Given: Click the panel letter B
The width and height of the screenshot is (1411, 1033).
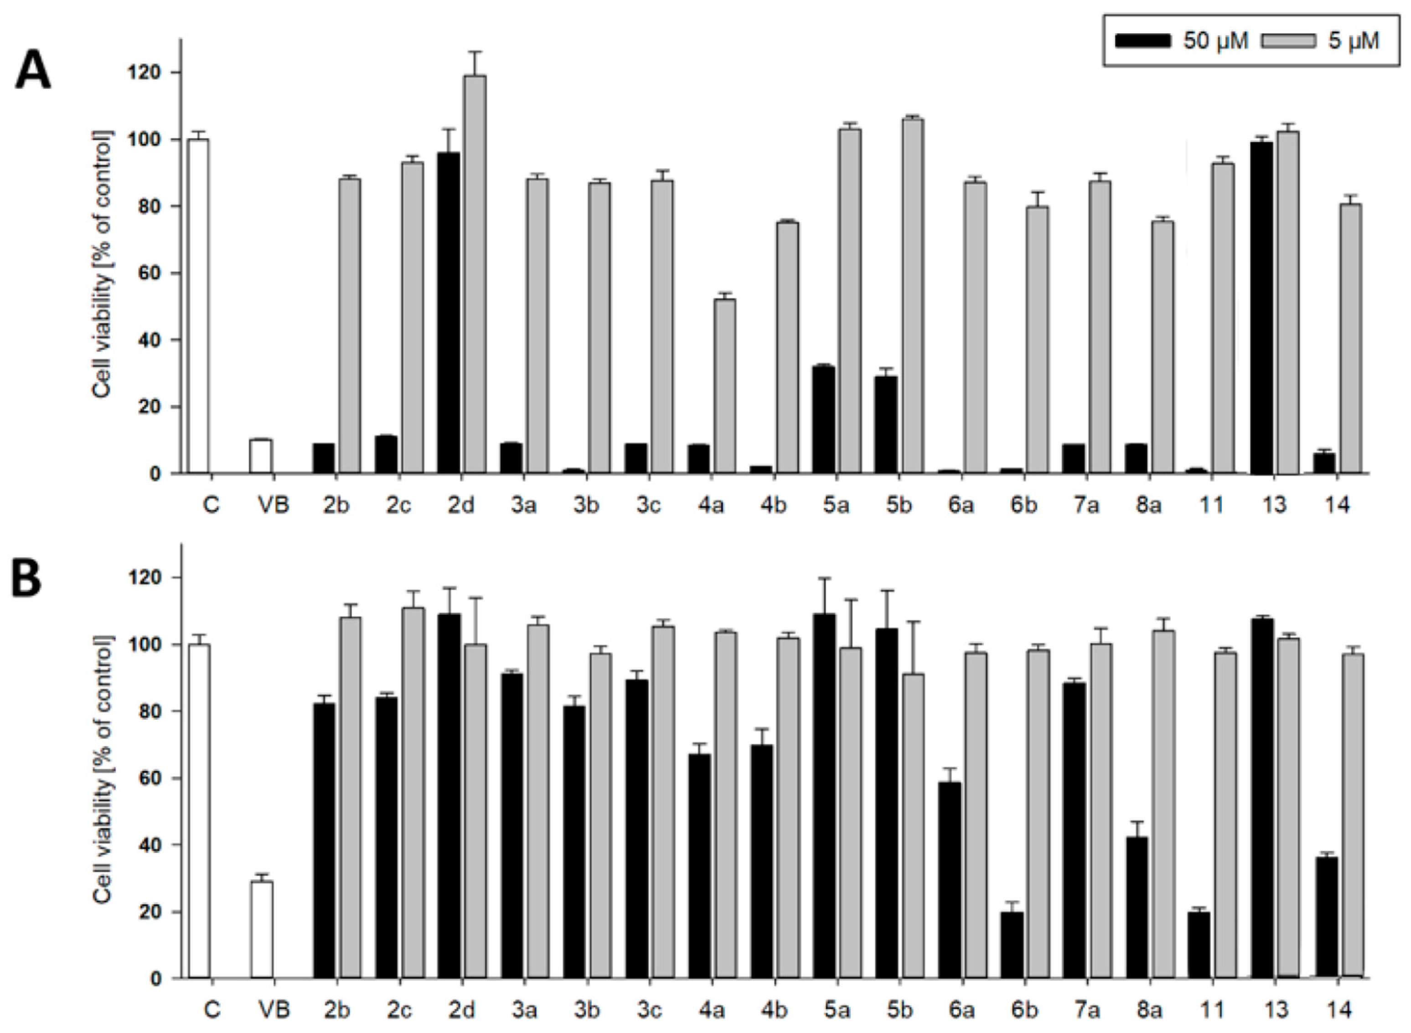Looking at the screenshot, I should (x=26, y=577).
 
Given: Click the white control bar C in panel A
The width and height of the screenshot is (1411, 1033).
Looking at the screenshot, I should (x=198, y=306).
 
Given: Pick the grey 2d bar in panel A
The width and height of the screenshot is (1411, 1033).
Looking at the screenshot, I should (x=475, y=275).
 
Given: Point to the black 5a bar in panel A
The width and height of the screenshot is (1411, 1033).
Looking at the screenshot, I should (x=823, y=419).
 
